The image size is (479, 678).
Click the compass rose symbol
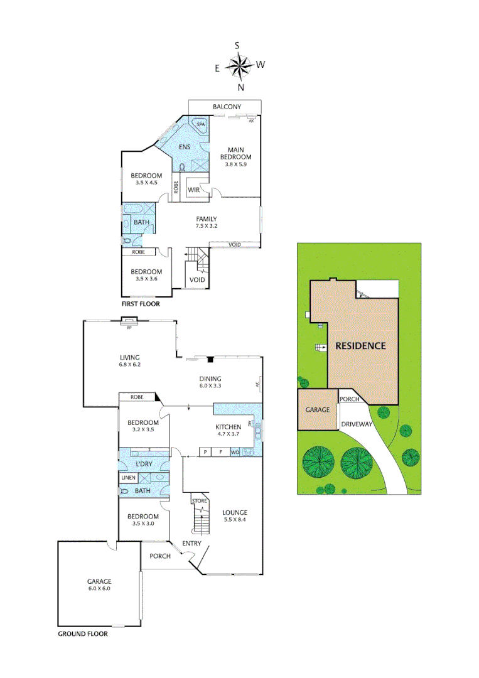(x=238, y=65)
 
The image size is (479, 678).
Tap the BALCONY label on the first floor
(x=227, y=107)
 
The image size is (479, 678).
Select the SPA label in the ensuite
(x=201, y=125)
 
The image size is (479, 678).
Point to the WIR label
(x=193, y=190)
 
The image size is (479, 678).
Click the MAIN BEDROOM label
(x=236, y=153)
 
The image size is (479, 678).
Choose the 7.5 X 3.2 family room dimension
(x=206, y=226)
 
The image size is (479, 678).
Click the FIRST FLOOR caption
(x=141, y=304)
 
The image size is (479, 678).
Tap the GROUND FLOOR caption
(x=83, y=634)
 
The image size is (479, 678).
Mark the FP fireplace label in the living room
(x=129, y=328)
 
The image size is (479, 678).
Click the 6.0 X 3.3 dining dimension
(x=210, y=386)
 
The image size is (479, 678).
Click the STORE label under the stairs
(x=200, y=501)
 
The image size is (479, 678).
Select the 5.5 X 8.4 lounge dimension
(x=235, y=520)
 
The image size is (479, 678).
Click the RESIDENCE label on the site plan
(x=360, y=346)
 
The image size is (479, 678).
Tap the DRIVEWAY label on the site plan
(x=357, y=424)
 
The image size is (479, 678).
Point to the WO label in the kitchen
(x=235, y=452)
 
